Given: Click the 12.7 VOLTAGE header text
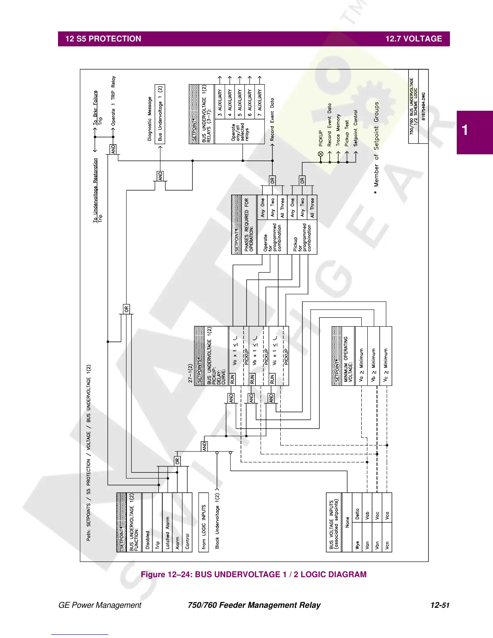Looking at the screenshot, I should tap(414, 39).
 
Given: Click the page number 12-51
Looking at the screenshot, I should tap(439, 605).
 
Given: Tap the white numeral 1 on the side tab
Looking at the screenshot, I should tap(465, 130).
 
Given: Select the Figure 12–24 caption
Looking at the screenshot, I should tap(254, 574).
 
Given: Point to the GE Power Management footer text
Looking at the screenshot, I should tap(100, 605).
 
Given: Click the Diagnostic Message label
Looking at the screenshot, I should tap(150, 119).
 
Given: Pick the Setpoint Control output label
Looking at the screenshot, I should tap(356, 128).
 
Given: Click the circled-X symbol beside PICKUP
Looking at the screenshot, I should tap(321, 154).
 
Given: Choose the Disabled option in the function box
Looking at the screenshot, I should tap(147, 540).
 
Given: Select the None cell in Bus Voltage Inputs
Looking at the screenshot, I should tap(347, 522).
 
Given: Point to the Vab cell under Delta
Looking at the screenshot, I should tap(367, 516).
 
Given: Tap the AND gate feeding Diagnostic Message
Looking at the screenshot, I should tap(160, 176).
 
